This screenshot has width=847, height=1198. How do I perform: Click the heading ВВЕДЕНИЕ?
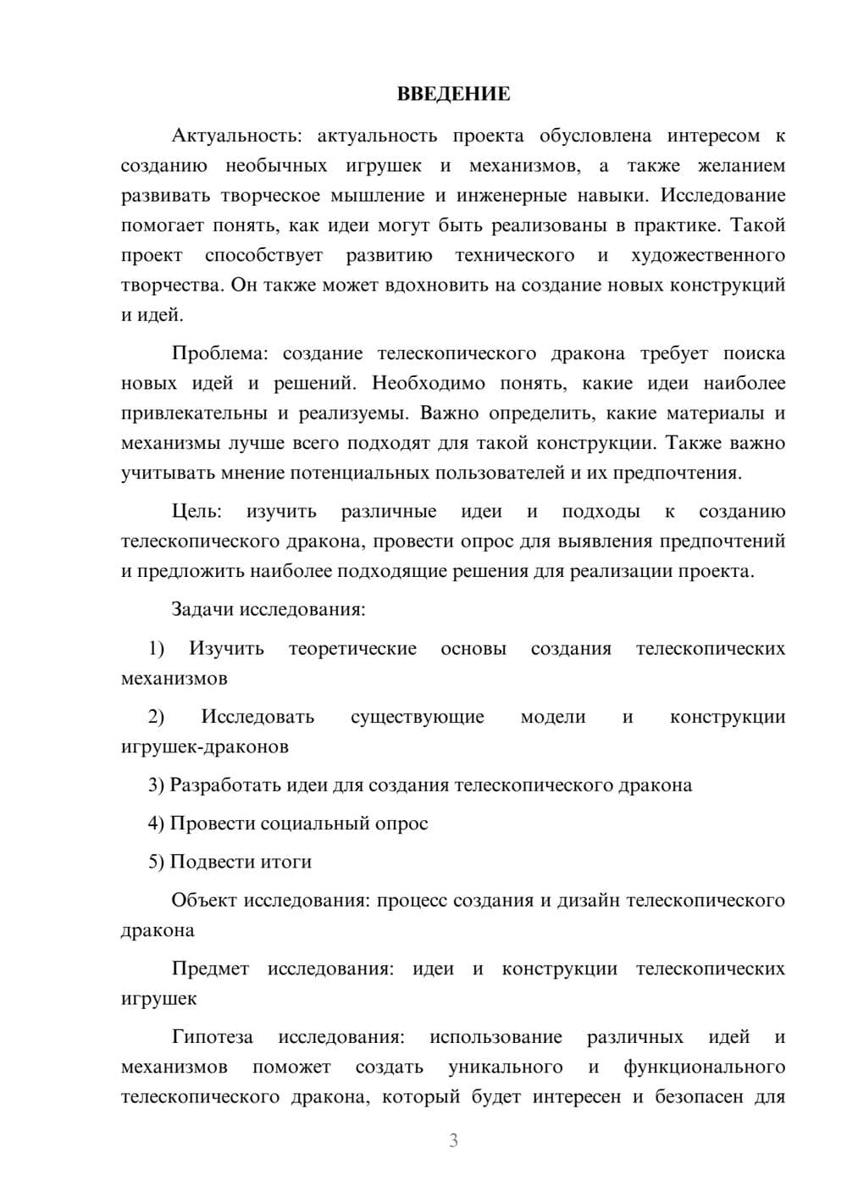[x=453, y=94]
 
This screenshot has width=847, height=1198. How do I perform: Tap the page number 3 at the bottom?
[x=453, y=1140]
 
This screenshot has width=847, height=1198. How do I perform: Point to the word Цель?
[x=197, y=511]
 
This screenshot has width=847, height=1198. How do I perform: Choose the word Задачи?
[x=203, y=609]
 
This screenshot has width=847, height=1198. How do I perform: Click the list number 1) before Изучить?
[x=156, y=648]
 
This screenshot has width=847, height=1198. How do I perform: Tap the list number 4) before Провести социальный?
[x=156, y=823]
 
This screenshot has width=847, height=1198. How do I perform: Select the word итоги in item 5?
[x=286, y=862]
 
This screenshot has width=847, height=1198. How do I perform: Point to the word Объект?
[x=204, y=900]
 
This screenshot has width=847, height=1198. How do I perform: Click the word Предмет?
[x=210, y=968]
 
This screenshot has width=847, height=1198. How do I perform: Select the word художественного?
[x=708, y=255]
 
